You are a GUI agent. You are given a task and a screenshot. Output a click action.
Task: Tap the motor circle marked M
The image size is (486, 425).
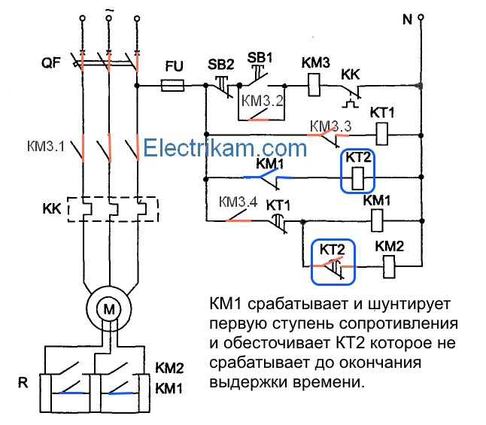click(x=110, y=309)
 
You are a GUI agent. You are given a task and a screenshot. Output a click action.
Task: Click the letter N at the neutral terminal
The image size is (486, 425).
click(x=407, y=19)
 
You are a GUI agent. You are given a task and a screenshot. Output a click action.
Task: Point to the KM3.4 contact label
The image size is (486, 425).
click(x=238, y=202)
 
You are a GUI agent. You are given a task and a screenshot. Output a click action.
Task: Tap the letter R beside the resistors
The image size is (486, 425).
click(x=23, y=382)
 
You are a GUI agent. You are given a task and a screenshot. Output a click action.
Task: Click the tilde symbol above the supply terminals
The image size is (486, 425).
click(x=109, y=8)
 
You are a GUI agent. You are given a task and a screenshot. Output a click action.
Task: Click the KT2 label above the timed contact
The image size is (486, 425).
click(x=332, y=249)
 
